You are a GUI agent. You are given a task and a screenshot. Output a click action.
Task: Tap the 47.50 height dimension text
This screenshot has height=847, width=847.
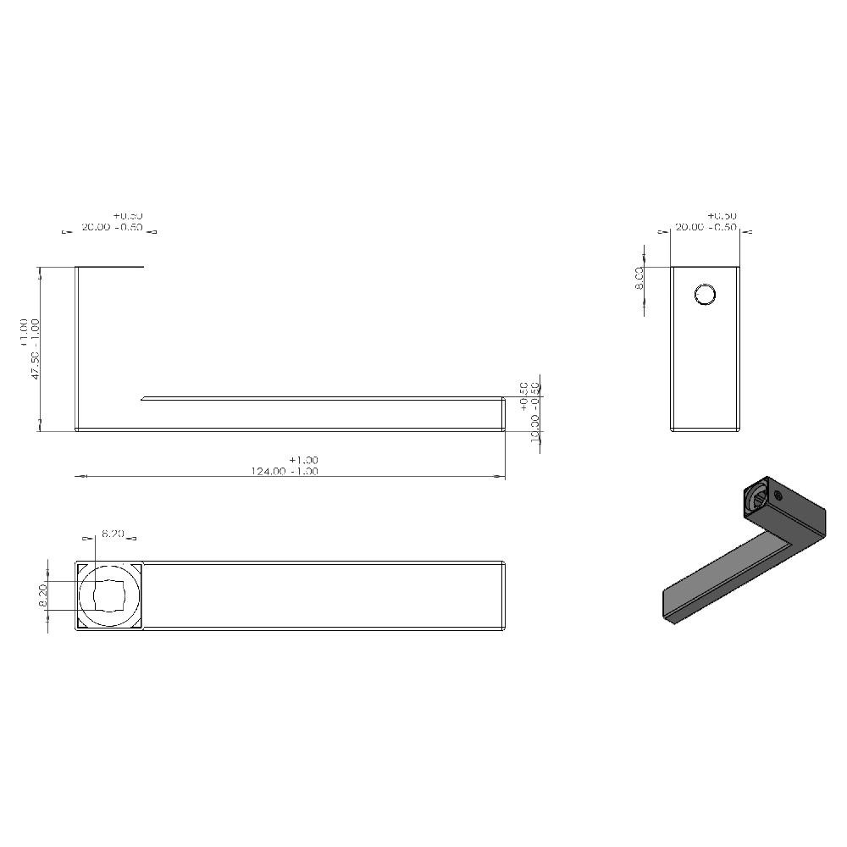pos(36,361)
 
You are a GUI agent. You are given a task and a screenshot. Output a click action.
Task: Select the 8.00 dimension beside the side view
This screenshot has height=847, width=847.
pos(639,277)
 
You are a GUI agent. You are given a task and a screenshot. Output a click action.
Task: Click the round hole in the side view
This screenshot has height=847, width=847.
pos(705,295)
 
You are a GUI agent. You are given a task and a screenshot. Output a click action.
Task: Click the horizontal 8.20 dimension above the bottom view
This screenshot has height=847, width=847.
pos(113,534)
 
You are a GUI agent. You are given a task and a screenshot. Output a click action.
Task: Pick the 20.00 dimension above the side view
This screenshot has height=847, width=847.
pos(693,228)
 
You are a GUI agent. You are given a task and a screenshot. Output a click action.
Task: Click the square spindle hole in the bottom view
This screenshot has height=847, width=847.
pos(108,595)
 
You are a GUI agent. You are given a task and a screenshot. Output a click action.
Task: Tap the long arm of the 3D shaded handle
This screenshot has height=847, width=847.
pos(720,576)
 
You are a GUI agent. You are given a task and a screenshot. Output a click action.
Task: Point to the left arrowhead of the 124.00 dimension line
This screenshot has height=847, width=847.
pos(81,478)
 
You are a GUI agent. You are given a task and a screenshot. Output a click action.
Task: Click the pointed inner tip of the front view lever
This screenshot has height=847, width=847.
pos(144,396)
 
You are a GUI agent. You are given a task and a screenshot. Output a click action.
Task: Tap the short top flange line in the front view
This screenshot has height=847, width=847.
pos(110,268)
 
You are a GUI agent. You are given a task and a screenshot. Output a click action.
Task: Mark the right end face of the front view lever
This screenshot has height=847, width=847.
pos(505,414)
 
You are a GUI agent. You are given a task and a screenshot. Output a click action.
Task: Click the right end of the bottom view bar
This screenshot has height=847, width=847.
pos(505,595)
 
